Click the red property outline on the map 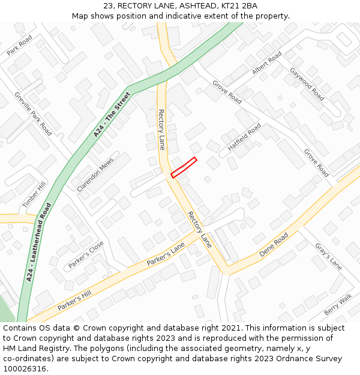184,167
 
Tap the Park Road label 20,46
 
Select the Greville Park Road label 34,113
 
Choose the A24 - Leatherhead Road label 39,242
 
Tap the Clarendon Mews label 95,175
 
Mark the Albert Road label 267,64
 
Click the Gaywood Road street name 307,83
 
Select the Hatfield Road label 244,137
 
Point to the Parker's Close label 86,255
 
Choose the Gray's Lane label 328,256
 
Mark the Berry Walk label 338,305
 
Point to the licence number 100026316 24,368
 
